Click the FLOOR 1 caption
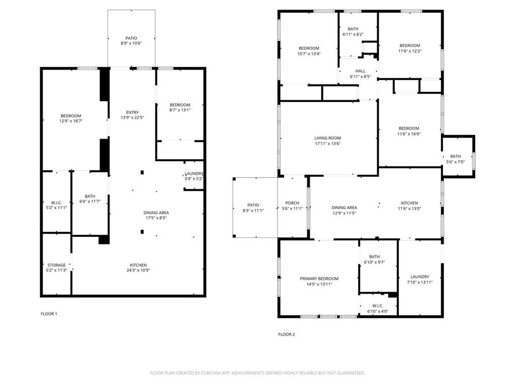click(49, 314)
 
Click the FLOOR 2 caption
click(287, 334)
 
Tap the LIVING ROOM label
click(327, 138)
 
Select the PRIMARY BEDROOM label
click(319, 278)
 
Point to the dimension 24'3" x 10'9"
click(138, 270)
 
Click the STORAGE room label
click(56, 265)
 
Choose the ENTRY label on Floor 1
click(132, 112)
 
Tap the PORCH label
click(292, 203)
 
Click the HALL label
click(360, 71)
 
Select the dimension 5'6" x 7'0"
click(455, 162)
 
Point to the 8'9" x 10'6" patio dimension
click(131, 44)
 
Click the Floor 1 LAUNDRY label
click(194, 173)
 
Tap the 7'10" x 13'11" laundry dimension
click(419, 282)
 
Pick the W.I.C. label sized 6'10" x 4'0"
click(378, 306)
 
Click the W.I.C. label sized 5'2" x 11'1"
click(56, 202)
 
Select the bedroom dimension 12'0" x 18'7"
click(71, 121)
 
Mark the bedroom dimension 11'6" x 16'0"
click(408, 134)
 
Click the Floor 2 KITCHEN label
click(409, 203)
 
